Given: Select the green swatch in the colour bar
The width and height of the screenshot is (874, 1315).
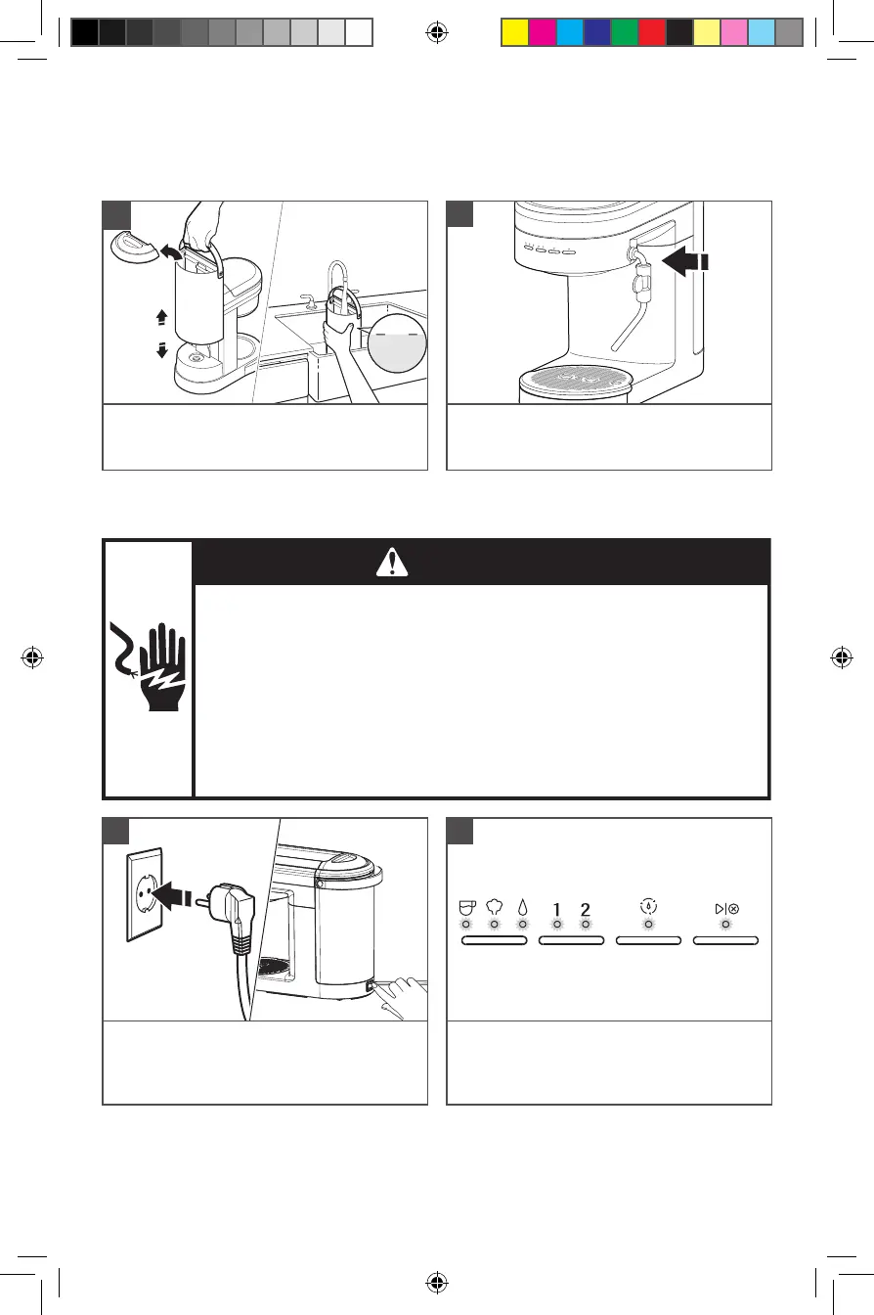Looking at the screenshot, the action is [624, 33].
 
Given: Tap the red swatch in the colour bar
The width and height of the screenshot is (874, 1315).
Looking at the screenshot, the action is [651, 33].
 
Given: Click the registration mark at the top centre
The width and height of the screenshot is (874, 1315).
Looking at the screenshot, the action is [437, 32].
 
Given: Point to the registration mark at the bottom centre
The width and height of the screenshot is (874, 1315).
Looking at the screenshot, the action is [437, 1281].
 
